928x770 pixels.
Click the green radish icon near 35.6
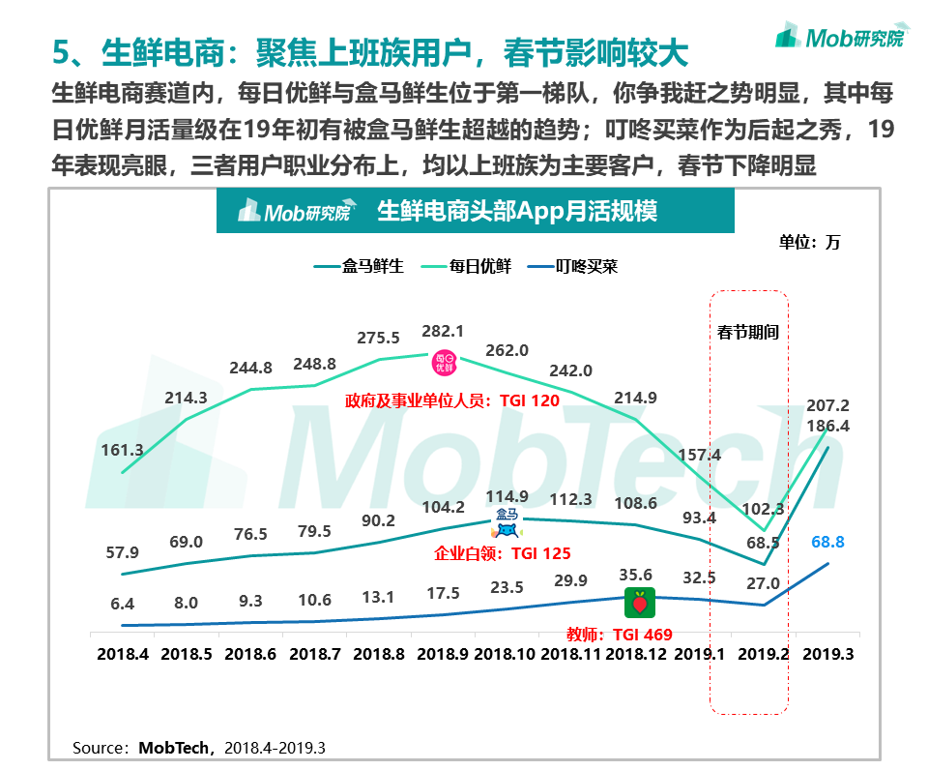(x=638, y=602)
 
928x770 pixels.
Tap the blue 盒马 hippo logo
(x=507, y=523)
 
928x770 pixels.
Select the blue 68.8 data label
(x=827, y=542)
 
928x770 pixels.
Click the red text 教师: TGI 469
(x=620, y=635)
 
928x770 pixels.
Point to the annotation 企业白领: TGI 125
(x=503, y=553)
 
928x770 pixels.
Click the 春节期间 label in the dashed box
(x=748, y=332)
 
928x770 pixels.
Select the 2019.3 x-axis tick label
(x=827, y=654)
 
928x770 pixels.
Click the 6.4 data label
(x=122, y=604)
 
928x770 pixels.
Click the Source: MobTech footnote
(x=199, y=748)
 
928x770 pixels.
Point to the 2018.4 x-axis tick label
(x=122, y=654)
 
